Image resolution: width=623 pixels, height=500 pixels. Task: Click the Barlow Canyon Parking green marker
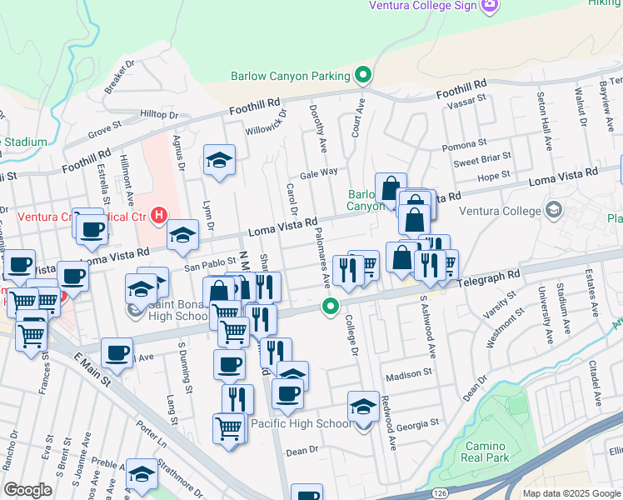(362, 76)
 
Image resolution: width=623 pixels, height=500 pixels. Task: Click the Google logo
(27, 490)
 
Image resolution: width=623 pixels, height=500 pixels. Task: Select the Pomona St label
(464, 146)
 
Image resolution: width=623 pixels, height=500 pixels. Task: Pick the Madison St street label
(409, 374)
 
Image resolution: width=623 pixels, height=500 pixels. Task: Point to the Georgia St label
(416, 425)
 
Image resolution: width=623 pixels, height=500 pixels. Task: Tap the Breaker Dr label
(121, 76)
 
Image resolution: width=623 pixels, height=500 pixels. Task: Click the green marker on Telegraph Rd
(331, 307)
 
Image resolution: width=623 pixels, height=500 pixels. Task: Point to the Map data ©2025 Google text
(571, 493)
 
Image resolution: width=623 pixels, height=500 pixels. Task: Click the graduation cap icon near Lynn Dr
(220, 161)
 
